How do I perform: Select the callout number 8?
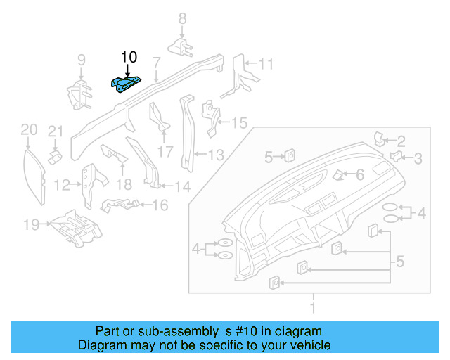[182, 19]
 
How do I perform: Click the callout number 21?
[56, 131]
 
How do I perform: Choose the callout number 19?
[30, 225]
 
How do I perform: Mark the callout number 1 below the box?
[314, 307]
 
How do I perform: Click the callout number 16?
[160, 205]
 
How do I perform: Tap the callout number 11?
[265, 65]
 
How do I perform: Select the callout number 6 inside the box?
[359, 174]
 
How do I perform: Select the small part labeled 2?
[380, 139]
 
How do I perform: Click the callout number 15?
[240, 123]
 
